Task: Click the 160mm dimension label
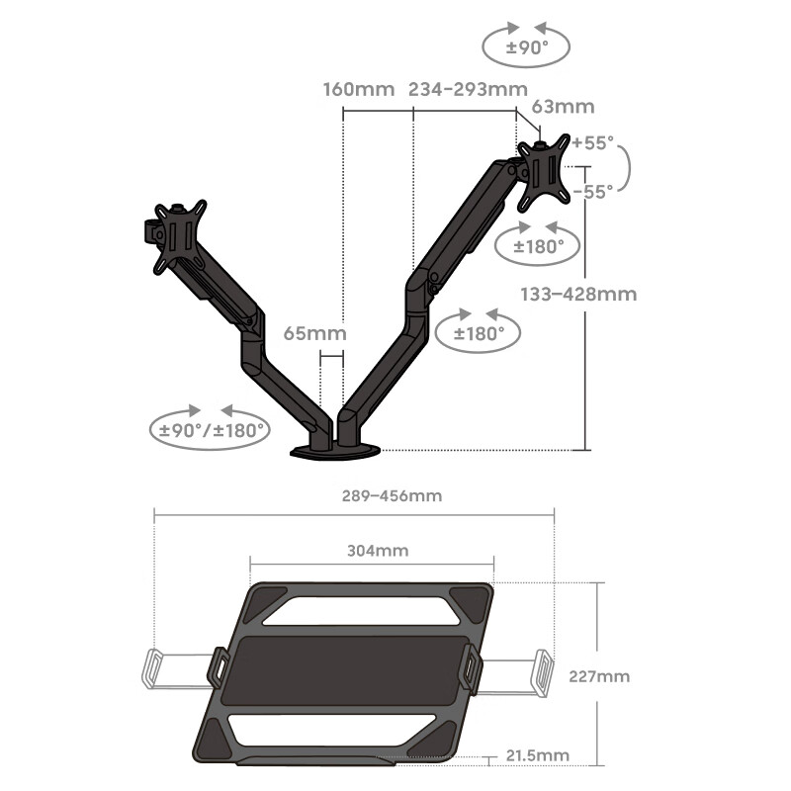coord(359,89)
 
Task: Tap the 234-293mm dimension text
coord(468,89)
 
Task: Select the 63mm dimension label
coord(563,107)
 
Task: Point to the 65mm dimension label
coord(314,333)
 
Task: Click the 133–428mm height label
coord(578,294)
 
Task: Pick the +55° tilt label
coord(592,142)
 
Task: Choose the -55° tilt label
coord(594,192)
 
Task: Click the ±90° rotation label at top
coord(527,47)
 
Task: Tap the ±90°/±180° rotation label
coord(212,430)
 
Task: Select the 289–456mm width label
coord(392,496)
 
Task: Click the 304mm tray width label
coord(378,551)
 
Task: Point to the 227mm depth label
coord(599,676)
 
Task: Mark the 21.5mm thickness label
coord(537,755)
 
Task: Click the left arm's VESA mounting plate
coord(180,236)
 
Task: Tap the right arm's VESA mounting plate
coord(544,172)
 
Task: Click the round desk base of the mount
coord(335,452)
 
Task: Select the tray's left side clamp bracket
coord(219,667)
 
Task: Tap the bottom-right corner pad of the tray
coord(433,741)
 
